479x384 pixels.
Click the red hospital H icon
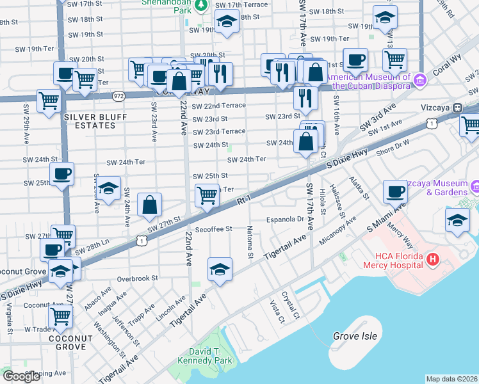[x=433, y=259]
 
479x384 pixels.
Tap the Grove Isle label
[x=354, y=335]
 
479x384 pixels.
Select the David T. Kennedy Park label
[x=206, y=356]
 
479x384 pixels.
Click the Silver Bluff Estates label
[x=90, y=121]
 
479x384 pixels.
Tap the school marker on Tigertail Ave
[x=219, y=269]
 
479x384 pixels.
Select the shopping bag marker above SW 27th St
[x=149, y=205]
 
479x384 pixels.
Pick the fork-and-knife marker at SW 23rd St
[x=305, y=97]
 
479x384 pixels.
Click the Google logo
[x=21, y=376]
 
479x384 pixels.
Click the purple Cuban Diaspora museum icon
[x=419, y=81]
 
